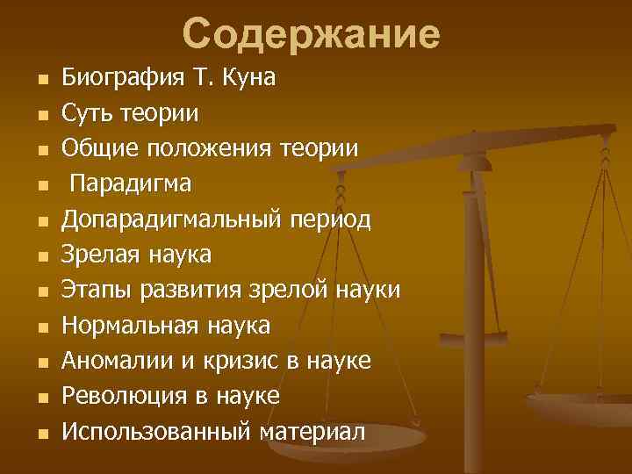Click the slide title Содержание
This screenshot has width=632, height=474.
coord(312,34)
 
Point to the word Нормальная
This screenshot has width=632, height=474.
coord(130,326)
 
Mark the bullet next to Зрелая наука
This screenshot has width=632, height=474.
coord(40,256)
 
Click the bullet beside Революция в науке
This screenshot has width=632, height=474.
coord(40,398)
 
